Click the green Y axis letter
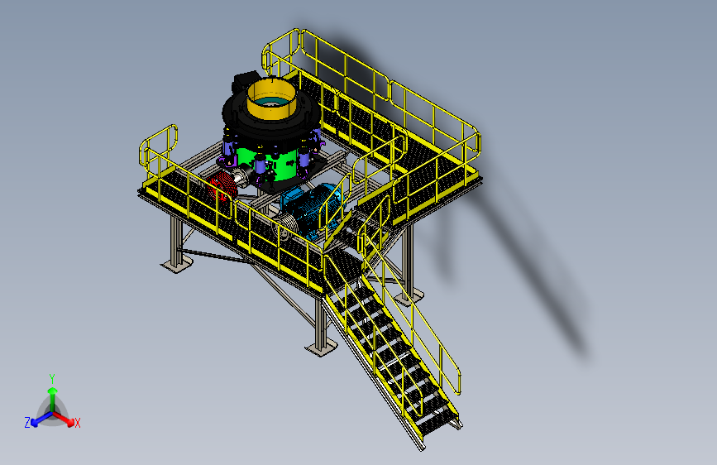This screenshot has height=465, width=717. click(52, 379)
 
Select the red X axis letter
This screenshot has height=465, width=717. click(77, 423)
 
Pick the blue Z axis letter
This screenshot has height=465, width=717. click(27, 423)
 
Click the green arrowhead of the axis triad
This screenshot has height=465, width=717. click(53, 391)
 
